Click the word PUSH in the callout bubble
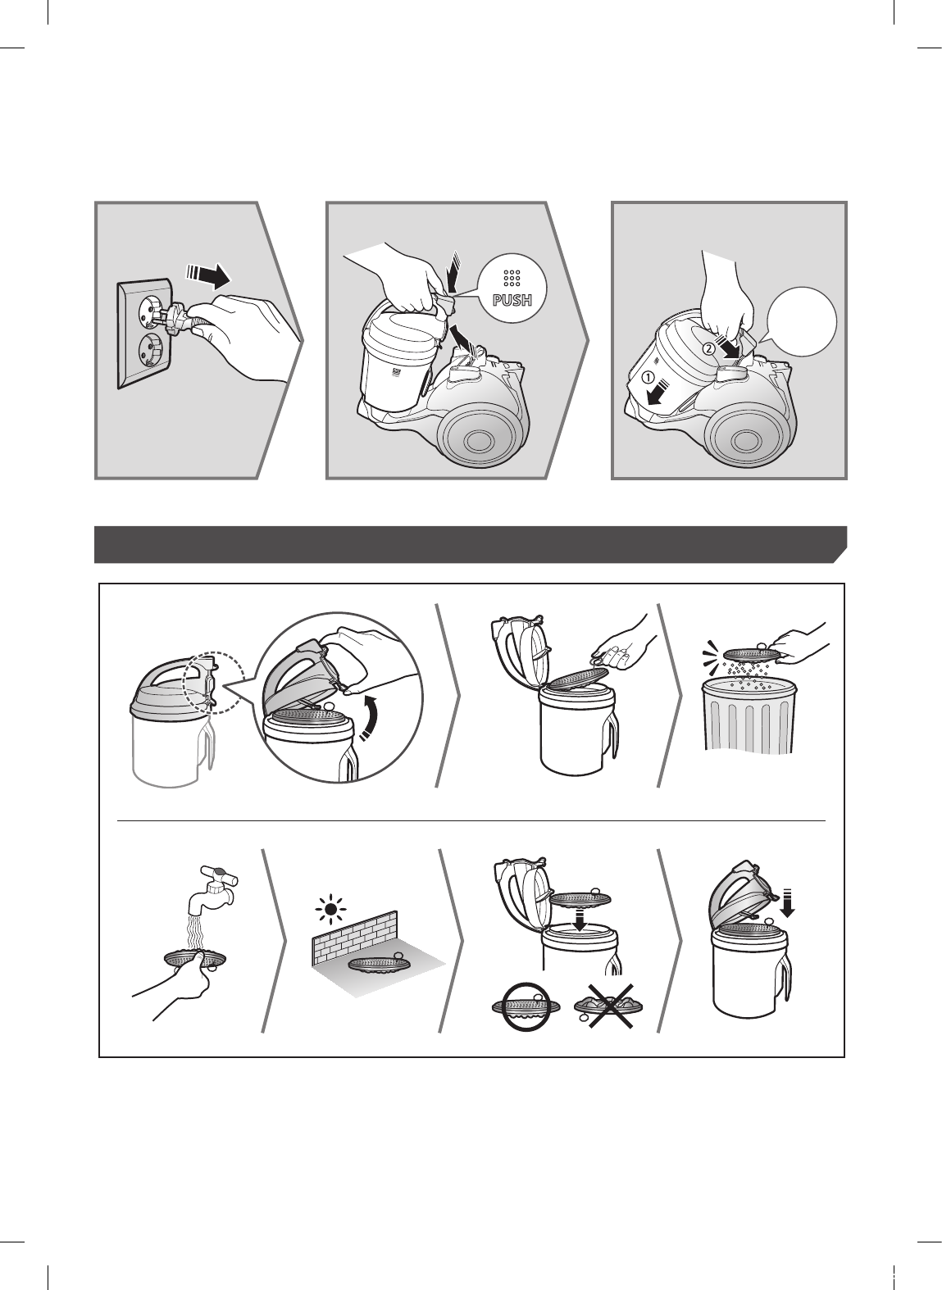pos(512,300)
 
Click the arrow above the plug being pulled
pos(207,276)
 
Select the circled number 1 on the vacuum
pos(648,379)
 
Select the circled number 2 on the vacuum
pos(708,348)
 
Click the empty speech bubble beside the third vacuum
pos(802,322)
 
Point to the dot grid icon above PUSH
pos(512,278)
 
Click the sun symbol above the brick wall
pos(330,910)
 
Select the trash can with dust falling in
pos(749,714)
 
